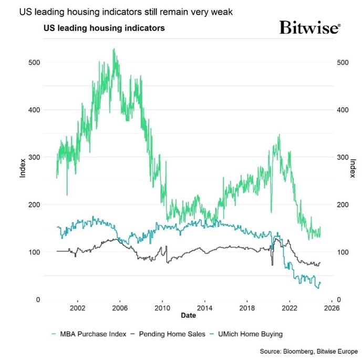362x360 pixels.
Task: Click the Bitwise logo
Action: coord(309,28)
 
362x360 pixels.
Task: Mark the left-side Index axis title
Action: coord(23,168)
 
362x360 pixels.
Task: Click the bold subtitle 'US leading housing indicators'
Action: coord(104,28)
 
